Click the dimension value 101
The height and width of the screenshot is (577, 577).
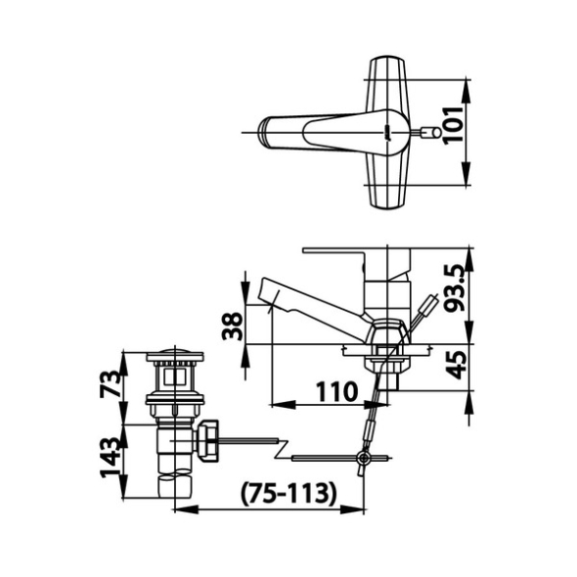point(452,126)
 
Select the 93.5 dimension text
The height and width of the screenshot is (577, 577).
point(454,288)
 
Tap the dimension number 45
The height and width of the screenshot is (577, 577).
point(457,365)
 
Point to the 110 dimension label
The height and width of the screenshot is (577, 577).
point(337,391)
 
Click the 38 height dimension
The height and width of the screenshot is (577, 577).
point(233,326)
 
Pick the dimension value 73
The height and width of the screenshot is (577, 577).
point(110,383)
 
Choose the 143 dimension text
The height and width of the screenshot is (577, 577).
point(110,458)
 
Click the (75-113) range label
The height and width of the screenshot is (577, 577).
point(289,493)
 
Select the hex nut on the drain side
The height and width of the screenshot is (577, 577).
point(207,440)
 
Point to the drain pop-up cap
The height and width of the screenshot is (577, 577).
point(175,355)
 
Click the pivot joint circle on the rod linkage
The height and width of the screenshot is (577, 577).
point(365,458)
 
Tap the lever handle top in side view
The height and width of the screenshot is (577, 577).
point(356,251)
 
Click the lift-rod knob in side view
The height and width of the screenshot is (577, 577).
point(430,305)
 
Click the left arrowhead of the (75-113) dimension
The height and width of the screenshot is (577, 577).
point(186,509)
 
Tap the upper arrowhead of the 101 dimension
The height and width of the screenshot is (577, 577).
point(466,90)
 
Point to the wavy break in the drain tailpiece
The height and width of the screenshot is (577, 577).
point(175,475)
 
